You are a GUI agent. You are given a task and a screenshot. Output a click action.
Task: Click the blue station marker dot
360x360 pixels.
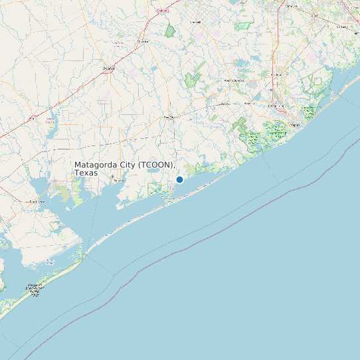point(179,179)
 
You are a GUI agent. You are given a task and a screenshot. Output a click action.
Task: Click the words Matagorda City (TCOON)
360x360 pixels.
point(124,164)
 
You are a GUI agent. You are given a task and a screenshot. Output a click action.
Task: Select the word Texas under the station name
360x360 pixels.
point(86,173)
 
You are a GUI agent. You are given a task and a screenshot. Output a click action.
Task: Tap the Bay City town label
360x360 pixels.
point(170,117)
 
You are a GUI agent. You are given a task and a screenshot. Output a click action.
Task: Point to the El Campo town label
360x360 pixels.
point(108,68)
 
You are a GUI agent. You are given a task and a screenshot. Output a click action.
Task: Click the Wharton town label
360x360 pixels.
point(142,41)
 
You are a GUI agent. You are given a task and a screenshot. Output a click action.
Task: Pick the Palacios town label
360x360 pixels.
point(118,180)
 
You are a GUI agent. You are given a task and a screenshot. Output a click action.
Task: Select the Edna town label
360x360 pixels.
point(50,122)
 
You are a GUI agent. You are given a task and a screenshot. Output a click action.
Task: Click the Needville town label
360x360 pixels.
point(195,22)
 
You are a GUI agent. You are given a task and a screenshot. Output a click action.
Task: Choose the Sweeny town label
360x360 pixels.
point(223,104)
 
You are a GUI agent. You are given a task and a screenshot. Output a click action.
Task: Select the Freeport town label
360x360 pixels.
point(296,124)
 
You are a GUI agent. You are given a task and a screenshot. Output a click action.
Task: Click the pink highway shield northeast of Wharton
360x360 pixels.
point(163,11)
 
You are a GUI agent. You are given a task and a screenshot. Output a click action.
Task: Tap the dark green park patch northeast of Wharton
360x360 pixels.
point(170,31)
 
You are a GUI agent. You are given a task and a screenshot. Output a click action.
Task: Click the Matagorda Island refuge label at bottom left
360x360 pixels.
point(35,290)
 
